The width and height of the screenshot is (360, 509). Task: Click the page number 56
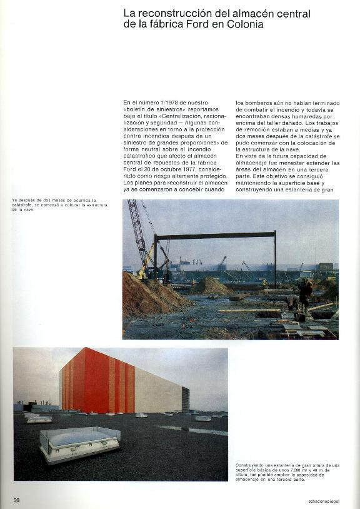17,500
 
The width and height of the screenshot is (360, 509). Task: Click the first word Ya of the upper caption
14,200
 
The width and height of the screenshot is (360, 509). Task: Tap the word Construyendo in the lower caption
252,465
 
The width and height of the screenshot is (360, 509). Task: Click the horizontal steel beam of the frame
216,235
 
